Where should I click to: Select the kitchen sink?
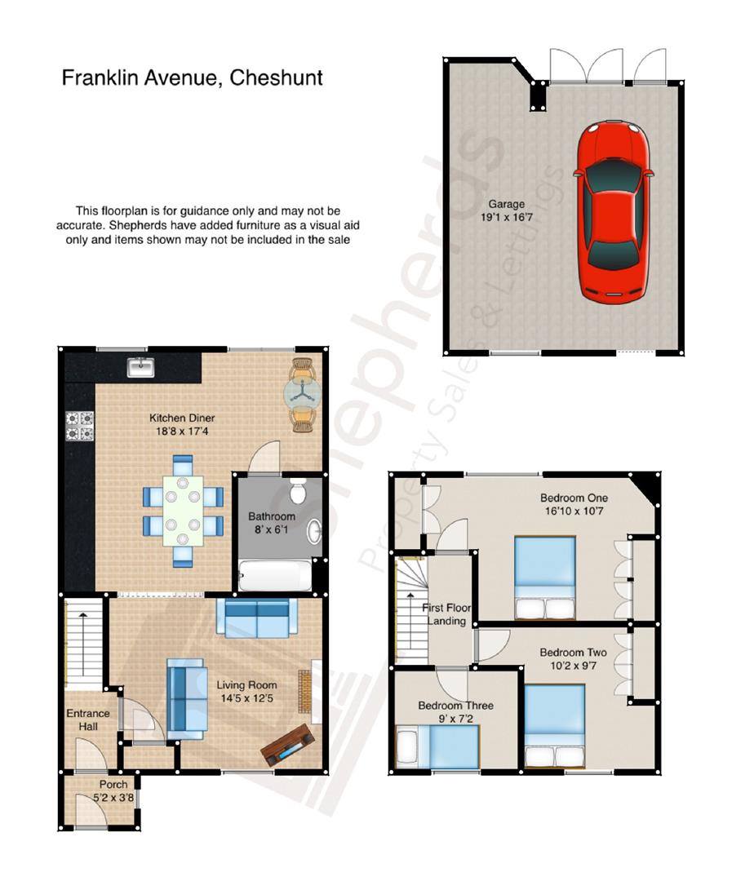(x=141, y=367)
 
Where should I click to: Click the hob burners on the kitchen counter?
(x=78, y=425)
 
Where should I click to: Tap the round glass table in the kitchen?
(x=303, y=394)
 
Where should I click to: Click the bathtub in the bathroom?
(x=273, y=576)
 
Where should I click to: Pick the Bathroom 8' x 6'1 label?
(x=273, y=523)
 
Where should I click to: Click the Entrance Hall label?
(x=88, y=719)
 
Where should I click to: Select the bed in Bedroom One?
(x=544, y=578)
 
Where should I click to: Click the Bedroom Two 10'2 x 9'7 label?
(x=573, y=659)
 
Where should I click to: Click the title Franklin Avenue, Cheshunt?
(x=193, y=77)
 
